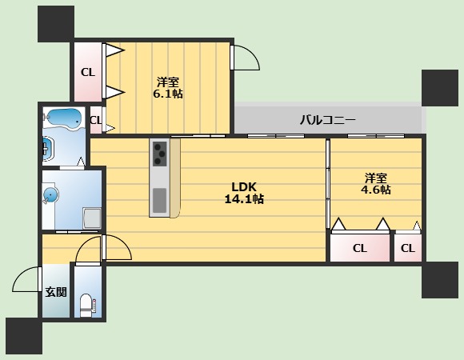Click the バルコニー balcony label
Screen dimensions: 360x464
tap(328, 121)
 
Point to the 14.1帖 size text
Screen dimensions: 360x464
tap(245, 199)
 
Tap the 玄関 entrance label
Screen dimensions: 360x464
tap(55, 292)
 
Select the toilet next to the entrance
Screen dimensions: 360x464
tap(87, 303)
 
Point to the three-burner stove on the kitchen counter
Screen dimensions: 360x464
tap(159, 152)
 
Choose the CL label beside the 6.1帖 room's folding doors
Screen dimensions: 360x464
tap(87, 72)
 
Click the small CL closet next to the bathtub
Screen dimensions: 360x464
tap(96, 122)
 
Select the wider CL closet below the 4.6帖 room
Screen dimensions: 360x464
tap(360, 248)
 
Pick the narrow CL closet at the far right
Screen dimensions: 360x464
tap(408, 248)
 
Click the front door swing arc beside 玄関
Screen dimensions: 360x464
tap(26, 280)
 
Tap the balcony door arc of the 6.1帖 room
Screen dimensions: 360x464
tap(245, 58)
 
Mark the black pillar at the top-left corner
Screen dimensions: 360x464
tap(55, 23)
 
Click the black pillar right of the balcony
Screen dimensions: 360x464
tap(439, 87)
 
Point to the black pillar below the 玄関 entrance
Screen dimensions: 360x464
tap(23, 336)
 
